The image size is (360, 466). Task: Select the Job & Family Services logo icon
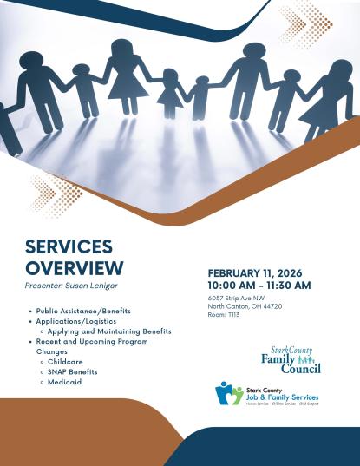pos(229,393)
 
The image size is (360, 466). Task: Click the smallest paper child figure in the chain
pos(200,96)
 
